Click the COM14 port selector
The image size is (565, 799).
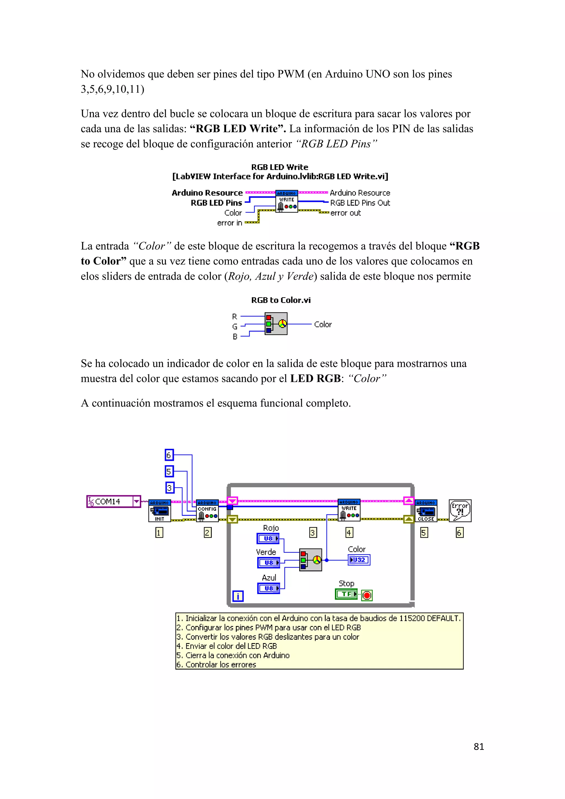(x=113, y=502)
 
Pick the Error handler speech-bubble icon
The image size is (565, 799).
(x=460, y=510)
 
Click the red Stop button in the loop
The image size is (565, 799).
(x=367, y=595)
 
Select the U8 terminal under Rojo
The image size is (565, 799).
(x=268, y=538)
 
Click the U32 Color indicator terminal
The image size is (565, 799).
(x=359, y=560)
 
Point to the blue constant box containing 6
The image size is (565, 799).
(x=169, y=455)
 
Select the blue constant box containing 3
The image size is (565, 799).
(x=169, y=488)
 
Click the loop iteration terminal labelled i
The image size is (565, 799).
(x=238, y=596)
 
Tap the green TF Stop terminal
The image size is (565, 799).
(x=346, y=594)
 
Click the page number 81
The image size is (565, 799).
(x=479, y=747)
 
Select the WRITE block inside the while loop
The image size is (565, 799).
(x=349, y=510)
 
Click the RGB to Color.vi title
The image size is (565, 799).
(x=281, y=300)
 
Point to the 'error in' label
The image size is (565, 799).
(x=229, y=223)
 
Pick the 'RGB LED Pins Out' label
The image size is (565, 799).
(x=360, y=203)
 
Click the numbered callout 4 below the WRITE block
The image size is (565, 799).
(x=349, y=532)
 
